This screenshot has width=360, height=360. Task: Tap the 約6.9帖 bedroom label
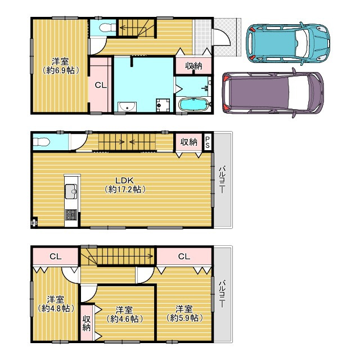pos(59,66)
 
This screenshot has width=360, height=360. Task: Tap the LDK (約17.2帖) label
pos(125,184)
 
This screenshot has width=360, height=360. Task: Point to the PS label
pos(208,141)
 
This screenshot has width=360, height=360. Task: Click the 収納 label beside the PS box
pos(188,142)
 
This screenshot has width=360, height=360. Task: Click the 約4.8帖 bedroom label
pos(55,304)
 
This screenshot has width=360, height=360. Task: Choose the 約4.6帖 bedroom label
pos(124,314)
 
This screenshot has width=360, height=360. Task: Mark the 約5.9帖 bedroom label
pos(184,313)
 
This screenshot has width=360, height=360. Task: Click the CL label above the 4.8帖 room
pos(55,256)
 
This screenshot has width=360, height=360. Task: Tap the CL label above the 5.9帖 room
pos(184,256)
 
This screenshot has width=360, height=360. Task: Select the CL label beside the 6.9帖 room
pos(100,85)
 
